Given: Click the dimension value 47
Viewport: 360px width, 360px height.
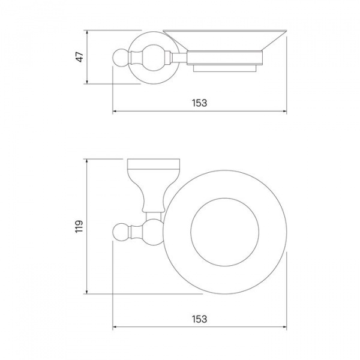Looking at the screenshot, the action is (80, 57).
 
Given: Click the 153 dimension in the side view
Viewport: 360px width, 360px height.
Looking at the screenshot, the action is (200, 103).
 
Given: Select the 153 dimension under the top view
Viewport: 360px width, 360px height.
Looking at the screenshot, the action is (200, 319).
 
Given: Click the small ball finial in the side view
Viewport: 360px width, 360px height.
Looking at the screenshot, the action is (120, 57).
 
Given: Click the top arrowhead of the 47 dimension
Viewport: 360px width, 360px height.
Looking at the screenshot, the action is (87, 32).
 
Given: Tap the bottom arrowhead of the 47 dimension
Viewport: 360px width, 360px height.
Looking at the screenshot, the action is (87, 82).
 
